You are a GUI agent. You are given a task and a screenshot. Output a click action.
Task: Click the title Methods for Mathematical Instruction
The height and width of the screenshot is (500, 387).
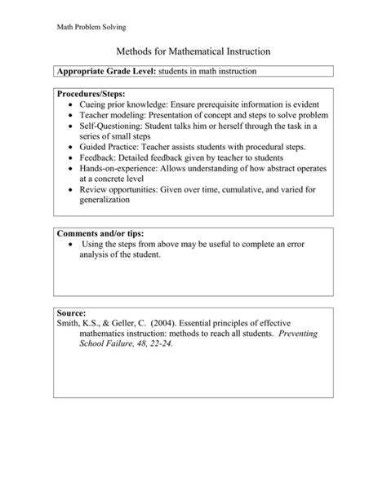193,51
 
